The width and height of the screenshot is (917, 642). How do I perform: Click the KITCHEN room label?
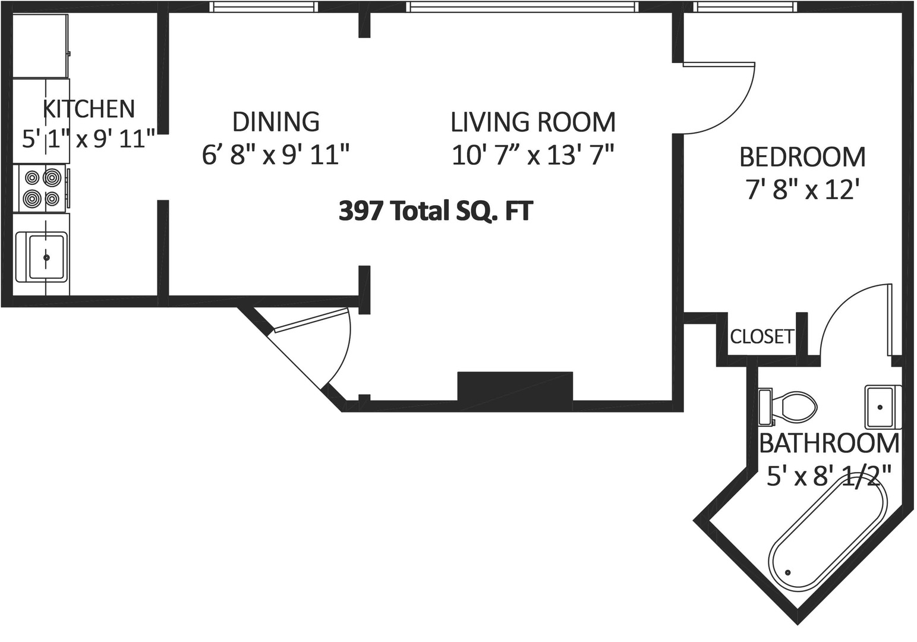pos(89,109)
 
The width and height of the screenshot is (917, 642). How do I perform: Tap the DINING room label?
pos(276,122)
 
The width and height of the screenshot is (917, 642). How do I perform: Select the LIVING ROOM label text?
pos(533,122)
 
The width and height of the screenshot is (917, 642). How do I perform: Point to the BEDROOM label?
pos(802,157)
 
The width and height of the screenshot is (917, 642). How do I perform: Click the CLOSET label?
pos(762,336)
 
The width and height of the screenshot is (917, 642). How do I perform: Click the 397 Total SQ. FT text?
pos(436,211)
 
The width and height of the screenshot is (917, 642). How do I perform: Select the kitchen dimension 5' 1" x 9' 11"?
pos(89,139)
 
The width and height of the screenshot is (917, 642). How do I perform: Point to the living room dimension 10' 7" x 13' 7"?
pos(533,156)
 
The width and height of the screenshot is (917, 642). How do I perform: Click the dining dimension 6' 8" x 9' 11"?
pos(276,156)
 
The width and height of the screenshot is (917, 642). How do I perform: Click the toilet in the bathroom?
pos(787,407)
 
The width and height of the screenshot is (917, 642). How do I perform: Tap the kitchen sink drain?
pos(46,257)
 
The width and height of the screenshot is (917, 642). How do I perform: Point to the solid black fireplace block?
pos(515,386)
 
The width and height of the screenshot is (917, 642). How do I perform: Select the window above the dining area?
pos(264,7)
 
